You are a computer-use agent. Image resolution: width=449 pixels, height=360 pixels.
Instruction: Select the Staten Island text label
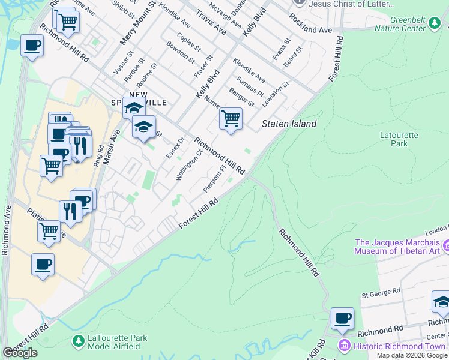288,124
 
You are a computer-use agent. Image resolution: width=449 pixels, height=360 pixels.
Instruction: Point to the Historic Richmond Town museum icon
344,346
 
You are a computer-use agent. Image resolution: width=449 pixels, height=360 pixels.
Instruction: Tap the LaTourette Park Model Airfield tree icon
78,341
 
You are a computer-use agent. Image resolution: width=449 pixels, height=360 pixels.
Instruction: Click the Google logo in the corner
20,353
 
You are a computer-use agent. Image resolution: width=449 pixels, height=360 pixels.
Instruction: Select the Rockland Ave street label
311,29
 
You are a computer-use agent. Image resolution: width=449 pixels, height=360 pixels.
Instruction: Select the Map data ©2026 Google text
411,355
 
